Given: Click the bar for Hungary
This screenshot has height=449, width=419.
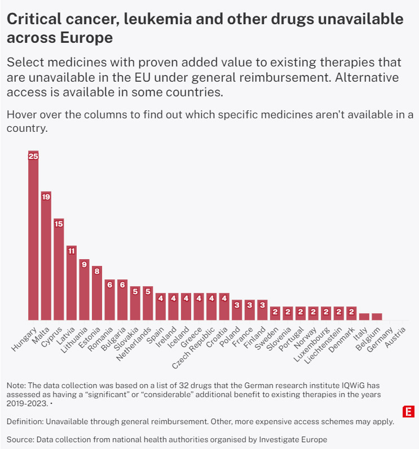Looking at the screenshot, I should point(33,237).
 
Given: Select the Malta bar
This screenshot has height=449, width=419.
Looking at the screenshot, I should point(46,256).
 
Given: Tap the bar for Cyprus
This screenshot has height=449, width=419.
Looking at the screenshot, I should point(59,270).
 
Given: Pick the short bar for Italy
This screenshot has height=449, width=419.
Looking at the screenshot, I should point(364,317).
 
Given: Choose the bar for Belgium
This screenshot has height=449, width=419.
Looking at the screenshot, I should point(377,317).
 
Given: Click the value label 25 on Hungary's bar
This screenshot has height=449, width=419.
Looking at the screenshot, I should point(33,156).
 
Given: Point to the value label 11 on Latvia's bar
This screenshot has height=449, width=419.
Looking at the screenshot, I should point(72,251).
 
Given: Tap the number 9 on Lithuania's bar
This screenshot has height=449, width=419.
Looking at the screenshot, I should point(84,264).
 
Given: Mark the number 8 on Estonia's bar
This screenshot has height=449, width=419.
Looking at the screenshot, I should point(97,270).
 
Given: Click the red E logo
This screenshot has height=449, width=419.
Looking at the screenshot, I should point(406,411).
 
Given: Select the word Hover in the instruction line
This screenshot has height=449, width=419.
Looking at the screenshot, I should point(22,115).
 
